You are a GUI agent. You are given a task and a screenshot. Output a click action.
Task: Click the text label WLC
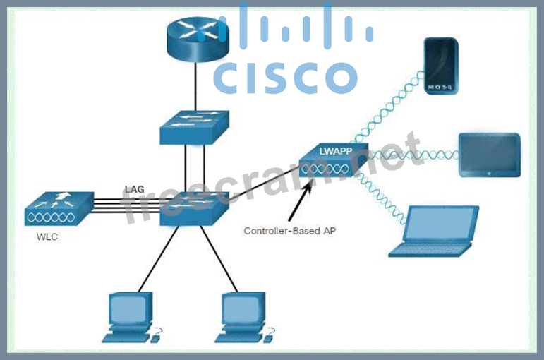47,237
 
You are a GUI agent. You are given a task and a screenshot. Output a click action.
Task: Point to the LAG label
134,188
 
